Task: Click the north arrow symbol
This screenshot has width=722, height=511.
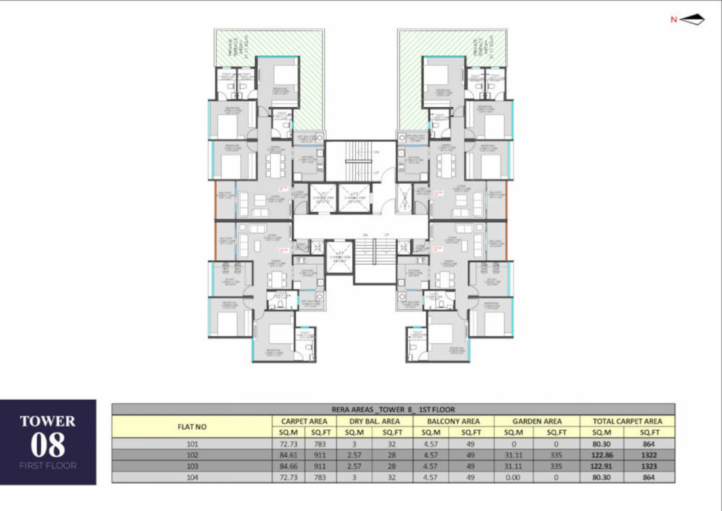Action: click(x=692, y=19)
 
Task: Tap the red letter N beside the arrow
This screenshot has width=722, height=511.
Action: click(x=673, y=19)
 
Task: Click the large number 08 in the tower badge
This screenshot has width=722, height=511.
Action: click(x=48, y=444)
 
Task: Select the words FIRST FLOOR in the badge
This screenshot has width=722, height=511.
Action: click(x=48, y=466)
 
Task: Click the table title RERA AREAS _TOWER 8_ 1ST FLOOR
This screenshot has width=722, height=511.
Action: click(x=393, y=410)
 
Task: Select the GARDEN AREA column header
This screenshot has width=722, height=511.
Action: click(x=537, y=421)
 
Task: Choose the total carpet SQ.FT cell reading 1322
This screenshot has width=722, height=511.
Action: click(x=650, y=455)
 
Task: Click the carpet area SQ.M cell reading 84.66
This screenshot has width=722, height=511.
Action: click(x=289, y=466)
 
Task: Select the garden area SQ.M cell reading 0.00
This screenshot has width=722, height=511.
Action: click(x=515, y=477)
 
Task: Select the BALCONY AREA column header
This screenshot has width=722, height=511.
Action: click(x=454, y=421)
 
